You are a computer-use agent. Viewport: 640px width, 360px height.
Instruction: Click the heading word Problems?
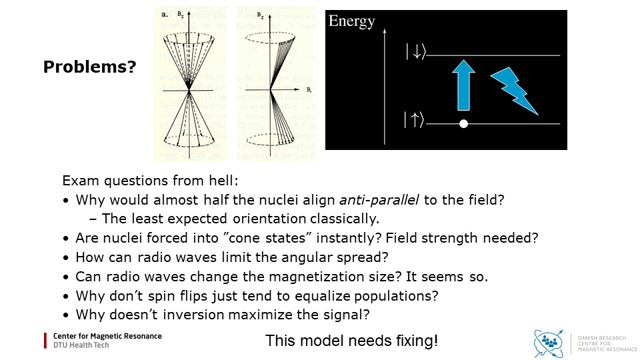tap(89, 67)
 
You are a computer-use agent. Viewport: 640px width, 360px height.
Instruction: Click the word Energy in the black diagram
tap(351, 21)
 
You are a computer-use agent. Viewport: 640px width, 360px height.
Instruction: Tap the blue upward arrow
tap(465, 84)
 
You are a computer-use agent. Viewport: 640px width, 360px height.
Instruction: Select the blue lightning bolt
tap(514, 91)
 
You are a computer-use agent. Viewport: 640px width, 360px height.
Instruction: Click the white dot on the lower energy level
tap(464, 124)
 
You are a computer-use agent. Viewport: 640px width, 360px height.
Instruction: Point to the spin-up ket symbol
tap(414, 121)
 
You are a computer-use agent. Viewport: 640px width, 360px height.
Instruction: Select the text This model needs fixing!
tap(351, 341)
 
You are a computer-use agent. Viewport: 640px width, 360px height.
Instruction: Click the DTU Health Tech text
tap(81, 345)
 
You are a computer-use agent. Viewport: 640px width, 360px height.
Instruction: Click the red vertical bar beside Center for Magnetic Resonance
tap(46, 341)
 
